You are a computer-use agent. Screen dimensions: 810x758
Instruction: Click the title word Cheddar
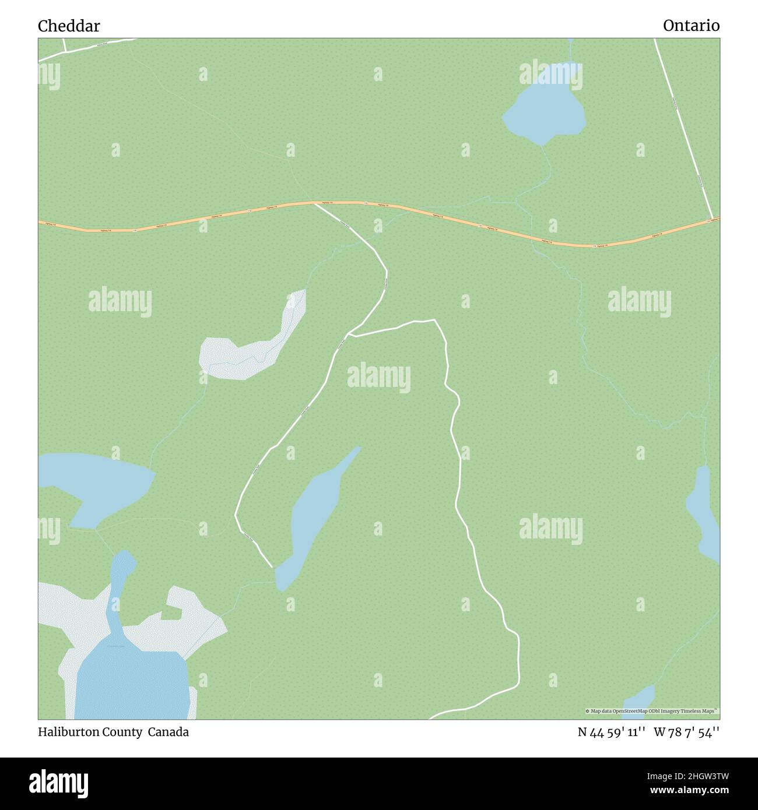coord(69,26)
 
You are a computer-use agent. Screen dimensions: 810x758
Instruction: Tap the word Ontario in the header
coord(691,26)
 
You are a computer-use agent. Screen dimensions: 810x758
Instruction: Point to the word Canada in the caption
coord(168,732)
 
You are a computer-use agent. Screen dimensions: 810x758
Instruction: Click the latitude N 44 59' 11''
coord(611,732)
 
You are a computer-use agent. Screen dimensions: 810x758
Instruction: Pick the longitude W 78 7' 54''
coord(686,732)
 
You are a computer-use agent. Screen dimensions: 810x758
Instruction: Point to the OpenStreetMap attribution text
coord(652,711)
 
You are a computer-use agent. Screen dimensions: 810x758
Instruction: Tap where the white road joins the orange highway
coord(315,203)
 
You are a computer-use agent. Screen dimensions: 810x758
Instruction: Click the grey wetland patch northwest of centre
coord(245,350)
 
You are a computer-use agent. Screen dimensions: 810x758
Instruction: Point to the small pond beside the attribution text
coord(638,699)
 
